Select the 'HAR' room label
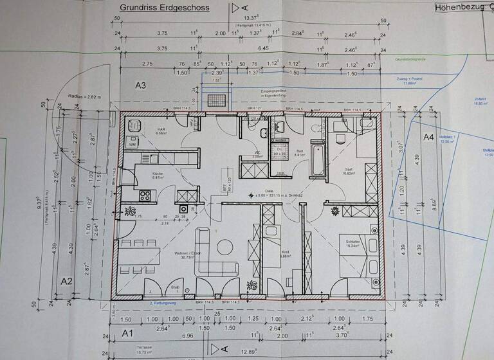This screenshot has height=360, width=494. pos(161,129)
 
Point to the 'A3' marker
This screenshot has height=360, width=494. pos(141,85)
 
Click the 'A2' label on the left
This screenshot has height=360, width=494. pos(66,281)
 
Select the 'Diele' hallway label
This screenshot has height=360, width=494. pos(269,191)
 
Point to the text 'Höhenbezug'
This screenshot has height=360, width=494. pos(458,8)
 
